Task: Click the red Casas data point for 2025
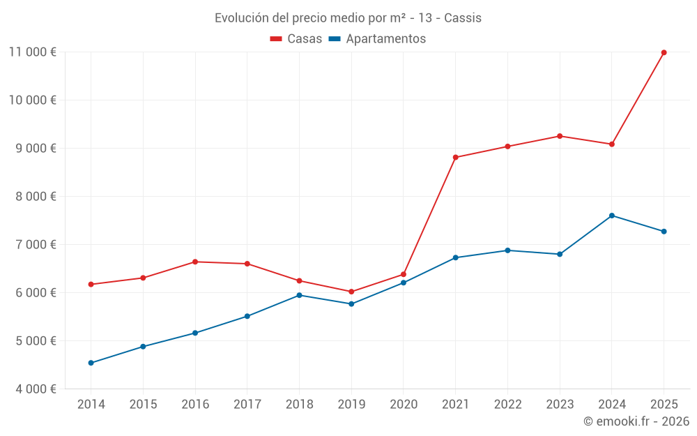[664, 52]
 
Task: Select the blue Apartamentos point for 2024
[611, 216]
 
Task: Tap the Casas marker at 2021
[455, 158]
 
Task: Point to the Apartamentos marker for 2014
[91, 363]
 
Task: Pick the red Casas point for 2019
[351, 292]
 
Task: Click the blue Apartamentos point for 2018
[299, 295]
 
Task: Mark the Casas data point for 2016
[195, 262]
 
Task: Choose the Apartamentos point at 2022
[507, 250]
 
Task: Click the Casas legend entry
[296, 39]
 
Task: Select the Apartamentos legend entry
[377, 39]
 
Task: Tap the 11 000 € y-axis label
[33, 52]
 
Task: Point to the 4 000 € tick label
[33, 389]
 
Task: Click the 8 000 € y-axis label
[33, 196]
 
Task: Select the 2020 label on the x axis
[404, 404]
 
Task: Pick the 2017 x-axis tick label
[247, 404]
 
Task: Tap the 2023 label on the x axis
[560, 404]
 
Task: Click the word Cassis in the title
[463, 18]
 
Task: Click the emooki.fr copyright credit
[636, 421]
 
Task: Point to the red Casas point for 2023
[560, 136]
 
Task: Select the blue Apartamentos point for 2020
[404, 283]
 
